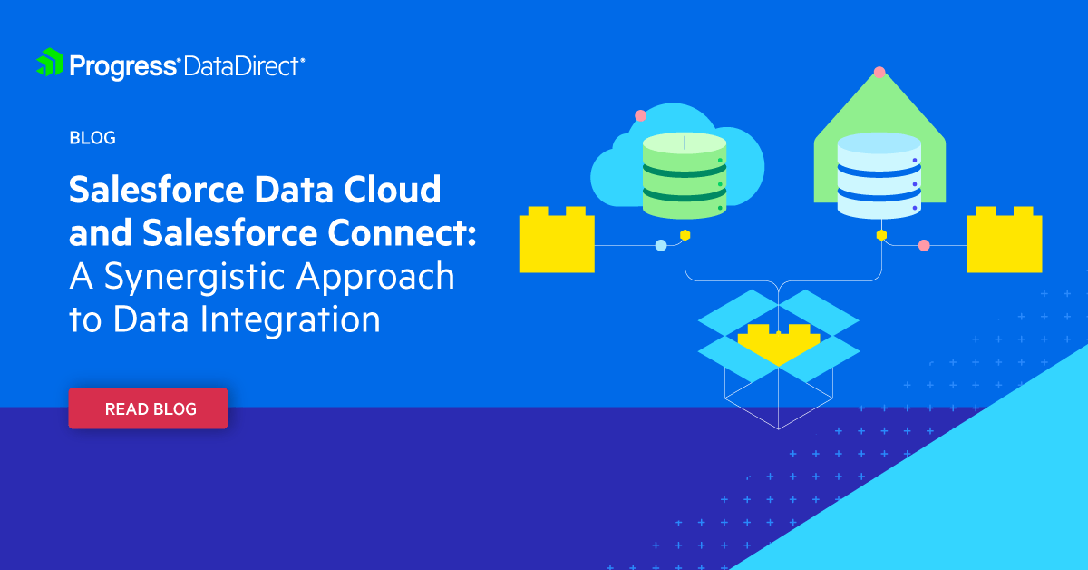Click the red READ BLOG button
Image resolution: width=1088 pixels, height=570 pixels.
(x=148, y=408)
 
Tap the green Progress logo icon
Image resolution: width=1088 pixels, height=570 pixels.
(x=50, y=63)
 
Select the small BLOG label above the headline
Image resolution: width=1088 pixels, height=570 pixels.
(x=92, y=138)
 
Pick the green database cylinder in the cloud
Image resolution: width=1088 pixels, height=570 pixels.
(x=685, y=175)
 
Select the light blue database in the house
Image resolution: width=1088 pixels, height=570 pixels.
(x=879, y=175)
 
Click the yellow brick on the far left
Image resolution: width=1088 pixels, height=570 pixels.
(x=557, y=240)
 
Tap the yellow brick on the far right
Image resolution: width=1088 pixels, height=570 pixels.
(x=1005, y=240)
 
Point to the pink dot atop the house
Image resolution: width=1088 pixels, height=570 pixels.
(x=879, y=73)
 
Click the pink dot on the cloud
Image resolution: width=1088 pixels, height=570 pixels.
(x=641, y=116)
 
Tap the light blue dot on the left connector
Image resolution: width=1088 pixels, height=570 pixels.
(x=661, y=245)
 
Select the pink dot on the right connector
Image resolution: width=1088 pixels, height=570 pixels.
(x=924, y=245)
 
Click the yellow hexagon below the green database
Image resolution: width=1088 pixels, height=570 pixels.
(x=685, y=235)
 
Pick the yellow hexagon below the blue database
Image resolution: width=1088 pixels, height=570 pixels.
(x=881, y=235)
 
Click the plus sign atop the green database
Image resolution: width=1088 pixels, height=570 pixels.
(x=685, y=142)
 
